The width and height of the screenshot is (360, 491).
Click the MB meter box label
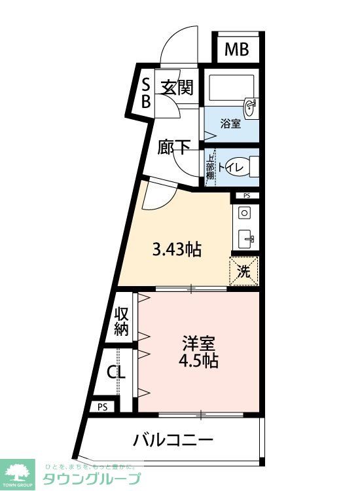click(236, 49)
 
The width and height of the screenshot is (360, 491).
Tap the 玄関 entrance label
click(177, 88)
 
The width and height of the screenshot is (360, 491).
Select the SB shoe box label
click(146, 92)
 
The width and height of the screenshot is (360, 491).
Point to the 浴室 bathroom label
click(230, 122)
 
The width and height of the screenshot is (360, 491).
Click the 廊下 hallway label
click(174, 147)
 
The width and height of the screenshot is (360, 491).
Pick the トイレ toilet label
click(230, 168)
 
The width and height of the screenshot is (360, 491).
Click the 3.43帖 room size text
click(176, 249)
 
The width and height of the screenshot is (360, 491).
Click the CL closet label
click(117, 373)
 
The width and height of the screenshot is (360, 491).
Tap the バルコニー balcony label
click(173, 439)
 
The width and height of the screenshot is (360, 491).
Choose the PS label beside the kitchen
click(246, 196)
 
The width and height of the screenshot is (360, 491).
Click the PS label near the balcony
click(102, 407)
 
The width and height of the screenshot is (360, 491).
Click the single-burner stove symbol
click(244, 213)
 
